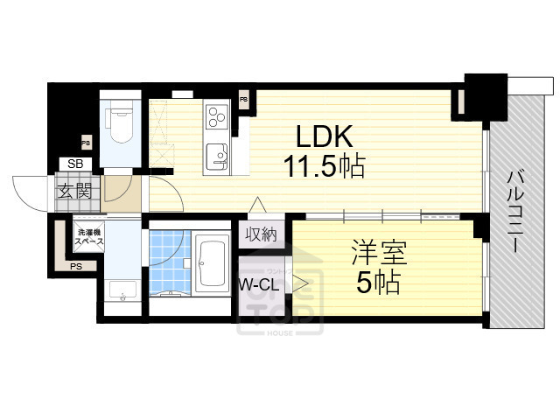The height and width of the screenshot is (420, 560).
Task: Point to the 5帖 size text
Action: coord(378,283)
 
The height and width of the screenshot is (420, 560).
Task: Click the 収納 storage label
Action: coord(261,234)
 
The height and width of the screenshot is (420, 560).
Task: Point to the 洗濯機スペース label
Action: coord(89,235)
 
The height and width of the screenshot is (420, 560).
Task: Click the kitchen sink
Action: coord(216,156)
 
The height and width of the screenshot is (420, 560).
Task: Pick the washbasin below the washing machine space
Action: coord(122,289)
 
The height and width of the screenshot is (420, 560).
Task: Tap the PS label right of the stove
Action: coord(243,100)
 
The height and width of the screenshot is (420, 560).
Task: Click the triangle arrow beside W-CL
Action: coord(300,283)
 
